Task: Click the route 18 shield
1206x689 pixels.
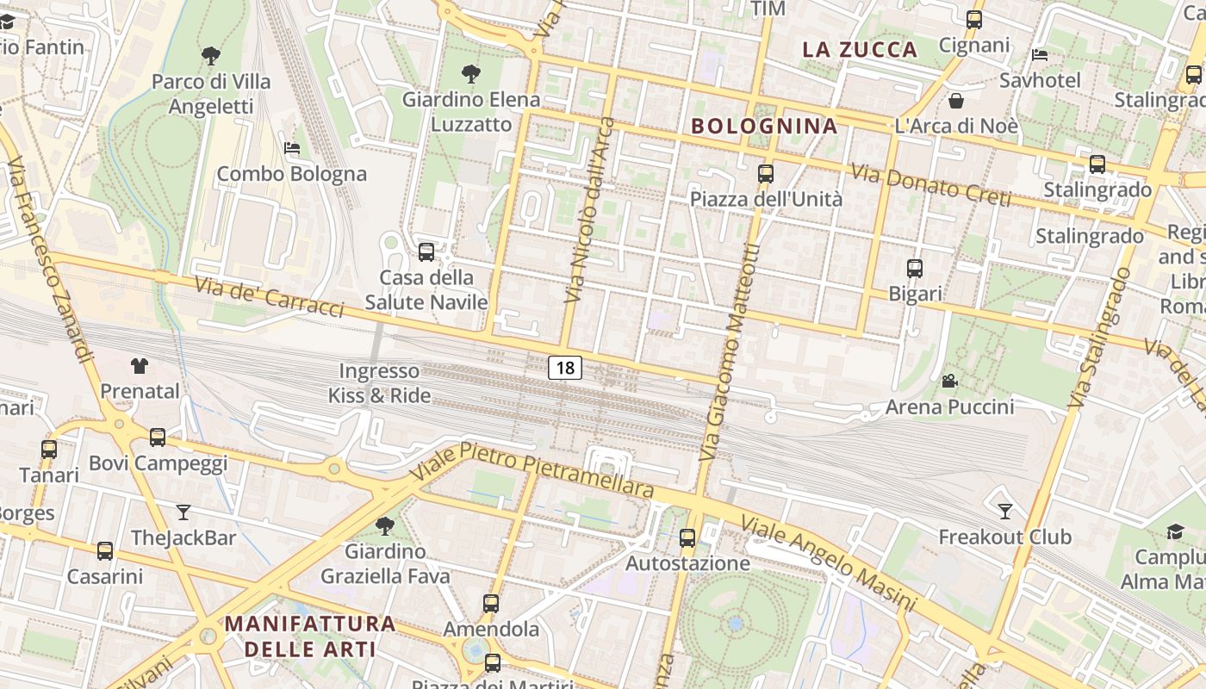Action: [x=565, y=368]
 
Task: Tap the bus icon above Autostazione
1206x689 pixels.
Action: [x=687, y=538]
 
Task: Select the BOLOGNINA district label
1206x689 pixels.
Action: [x=764, y=126]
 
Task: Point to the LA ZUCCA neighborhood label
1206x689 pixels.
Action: [x=860, y=49]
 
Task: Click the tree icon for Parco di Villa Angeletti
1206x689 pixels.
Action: [x=211, y=57]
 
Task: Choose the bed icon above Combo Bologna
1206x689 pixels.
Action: [x=292, y=148]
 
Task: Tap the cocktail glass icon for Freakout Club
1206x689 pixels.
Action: [x=1004, y=512]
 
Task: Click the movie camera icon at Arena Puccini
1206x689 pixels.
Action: [x=949, y=381]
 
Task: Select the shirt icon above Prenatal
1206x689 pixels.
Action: [x=140, y=365]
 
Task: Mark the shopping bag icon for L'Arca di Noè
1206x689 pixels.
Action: [x=956, y=101]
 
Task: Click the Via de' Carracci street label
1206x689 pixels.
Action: [x=269, y=296]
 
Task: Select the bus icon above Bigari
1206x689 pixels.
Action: [x=915, y=269]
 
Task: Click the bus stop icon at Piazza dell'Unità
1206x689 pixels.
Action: [x=765, y=174]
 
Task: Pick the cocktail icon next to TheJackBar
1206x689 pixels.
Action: [x=183, y=512]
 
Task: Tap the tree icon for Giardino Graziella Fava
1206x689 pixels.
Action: [x=385, y=525]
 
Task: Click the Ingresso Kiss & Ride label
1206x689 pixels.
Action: [x=379, y=383]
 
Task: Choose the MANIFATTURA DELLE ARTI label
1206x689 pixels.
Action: [x=310, y=636]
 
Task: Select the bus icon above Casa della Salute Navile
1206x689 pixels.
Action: [x=426, y=252]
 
